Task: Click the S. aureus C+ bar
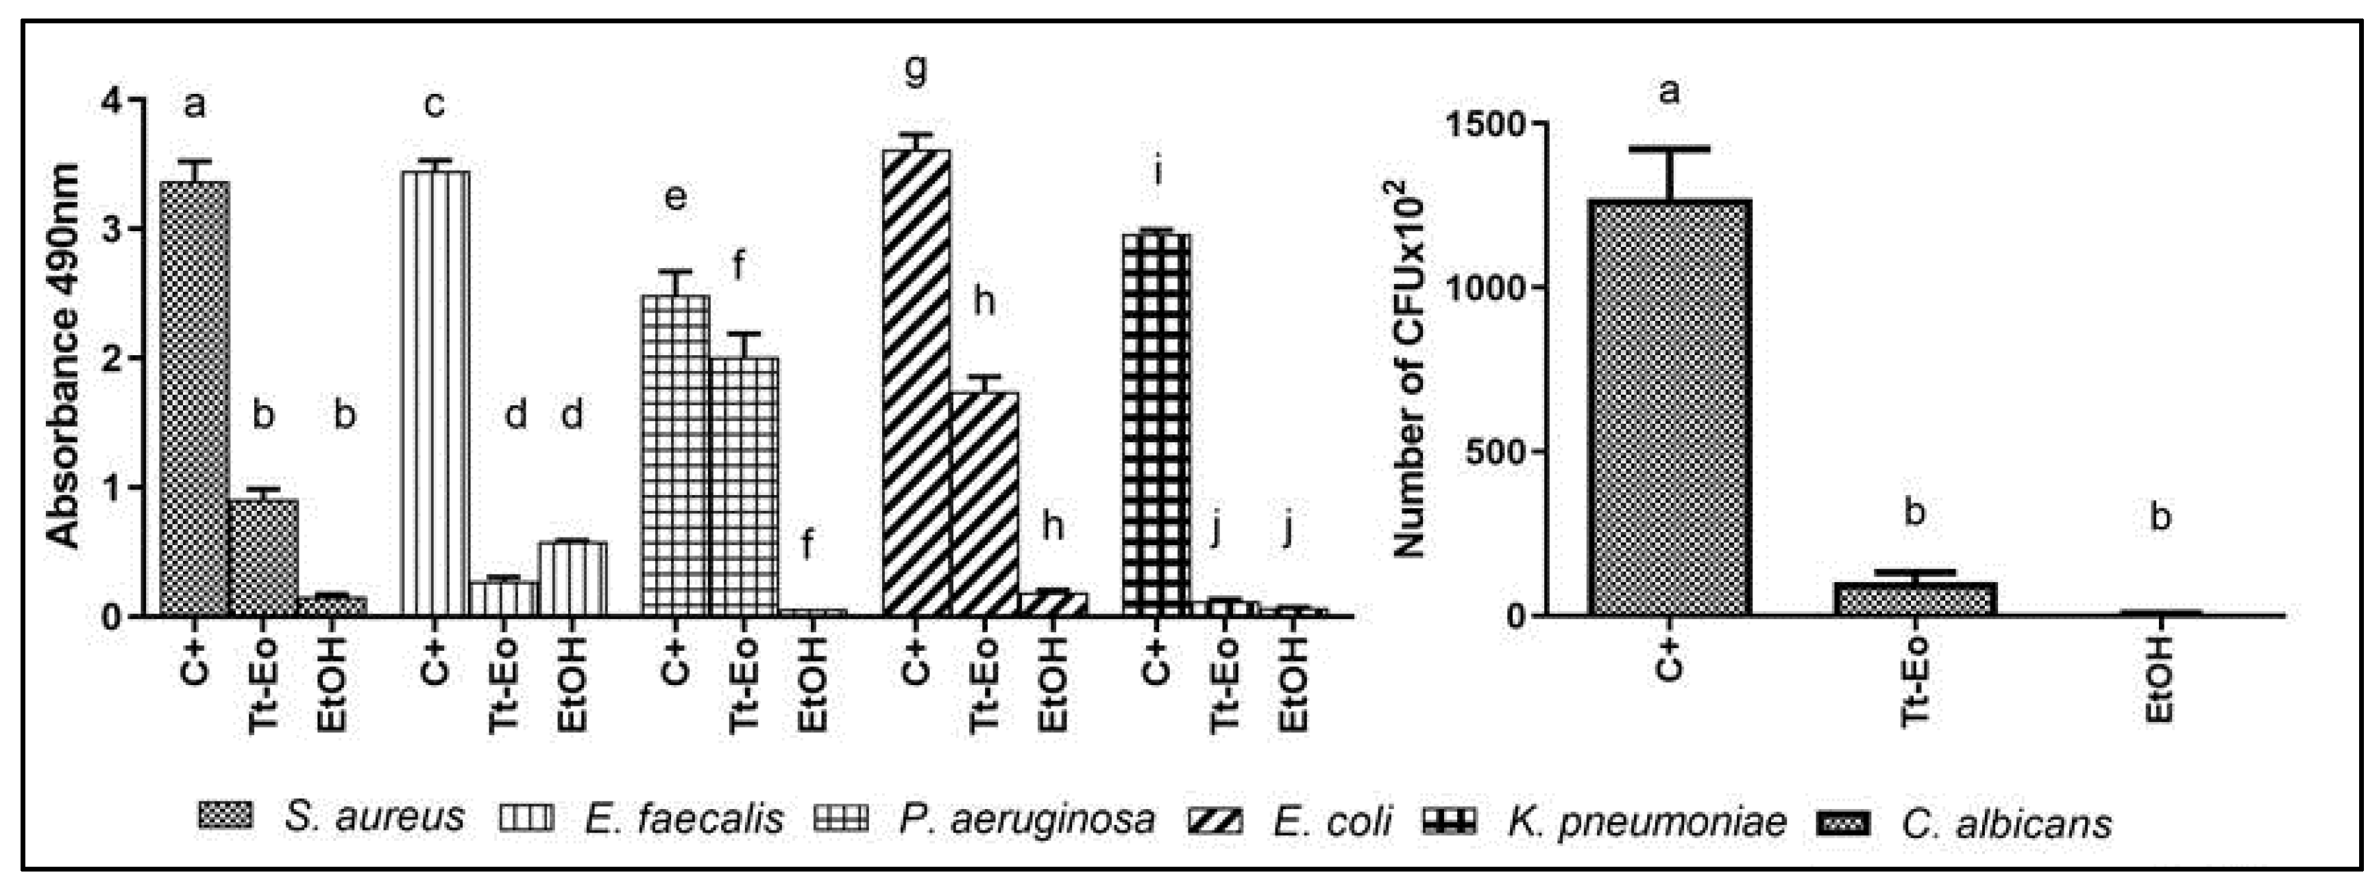(x=194, y=397)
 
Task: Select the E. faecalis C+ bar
(x=435, y=393)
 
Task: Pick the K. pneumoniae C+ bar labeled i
(x=1156, y=424)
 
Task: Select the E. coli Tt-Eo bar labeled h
(x=984, y=503)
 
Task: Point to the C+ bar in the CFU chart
(x=1670, y=407)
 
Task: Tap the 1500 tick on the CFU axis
(x=1483, y=124)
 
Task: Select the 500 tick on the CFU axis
(x=1494, y=452)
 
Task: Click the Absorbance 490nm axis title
(x=63, y=356)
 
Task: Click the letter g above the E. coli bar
(x=914, y=70)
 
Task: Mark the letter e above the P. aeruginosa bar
(x=675, y=197)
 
